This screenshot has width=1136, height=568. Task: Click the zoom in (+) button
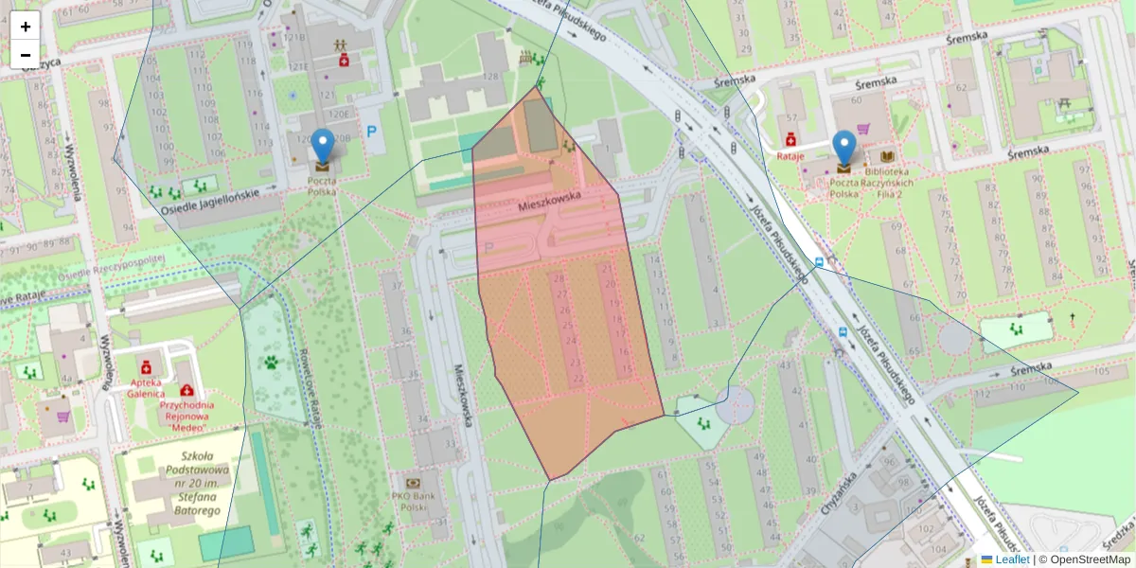[x=26, y=27]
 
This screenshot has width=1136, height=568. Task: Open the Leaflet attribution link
[x=1012, y=559]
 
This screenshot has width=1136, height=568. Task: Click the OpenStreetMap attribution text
[x=1090, y=559]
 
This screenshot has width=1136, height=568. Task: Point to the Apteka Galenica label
[x=147, y=387]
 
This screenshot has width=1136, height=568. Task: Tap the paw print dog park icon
[x=271, y=362]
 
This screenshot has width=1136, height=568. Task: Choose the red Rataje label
[x=790, y=155]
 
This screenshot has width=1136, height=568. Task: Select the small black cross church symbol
[x=1072, y=319]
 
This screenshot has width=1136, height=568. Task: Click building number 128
[x=491, y=76]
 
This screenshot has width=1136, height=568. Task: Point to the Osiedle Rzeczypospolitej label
[x=112, y=266]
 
